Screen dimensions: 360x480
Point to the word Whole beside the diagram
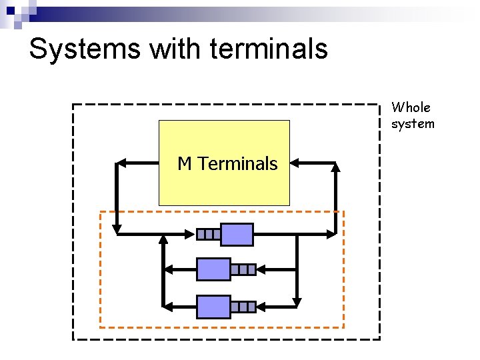pyautogui.click(x=411, y=107)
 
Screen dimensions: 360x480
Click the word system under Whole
pyautogui.click(x=413, y=123)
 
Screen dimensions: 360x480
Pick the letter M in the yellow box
pyautogui.click(x=185, y=163)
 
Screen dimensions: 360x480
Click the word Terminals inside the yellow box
pyautogui.click(x=237, y=163)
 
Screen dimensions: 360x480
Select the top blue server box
pyautogui.click(x=237, y=234)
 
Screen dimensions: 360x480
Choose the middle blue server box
pyautogui.click(x=213, y=269)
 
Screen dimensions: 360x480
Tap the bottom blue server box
pyautogui.click(x=213, y=307)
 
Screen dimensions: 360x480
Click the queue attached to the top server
pyautogui.click(x=209, y=234)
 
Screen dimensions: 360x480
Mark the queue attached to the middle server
pyautogui.click(x=243, y=269)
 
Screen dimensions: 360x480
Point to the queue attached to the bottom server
pyautogui.click(x=243, y=307)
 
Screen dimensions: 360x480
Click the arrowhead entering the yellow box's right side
pyautogui.click(x=295, y=162)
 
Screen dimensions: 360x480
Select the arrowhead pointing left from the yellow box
pyautogui.click(x=121, y=162)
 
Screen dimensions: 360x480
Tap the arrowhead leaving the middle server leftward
pyautogui.click(x=169, y=269)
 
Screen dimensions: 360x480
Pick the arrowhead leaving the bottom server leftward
pyautogui.click(x=169, y=307)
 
